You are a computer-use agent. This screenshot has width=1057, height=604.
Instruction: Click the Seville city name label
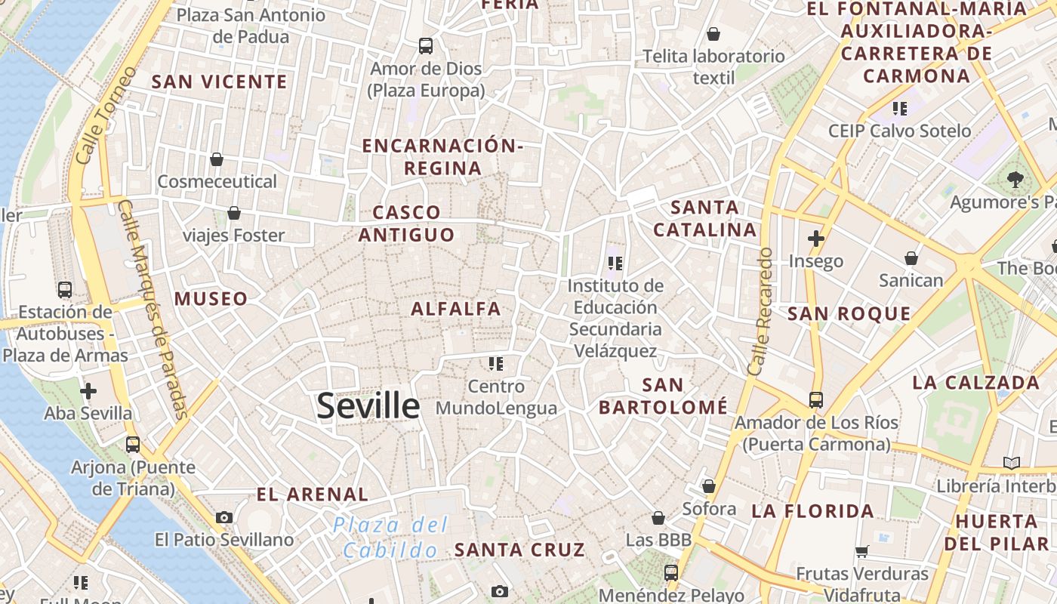(x=368, y=406)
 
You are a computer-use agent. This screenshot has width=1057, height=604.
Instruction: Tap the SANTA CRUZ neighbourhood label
(x=519, y=550)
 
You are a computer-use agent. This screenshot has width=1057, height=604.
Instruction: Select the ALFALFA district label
(x=456, y=309)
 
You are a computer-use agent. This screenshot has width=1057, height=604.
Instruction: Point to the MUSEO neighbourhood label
(x=211, y=299)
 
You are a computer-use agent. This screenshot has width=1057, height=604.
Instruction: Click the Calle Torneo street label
(x=106, y=116)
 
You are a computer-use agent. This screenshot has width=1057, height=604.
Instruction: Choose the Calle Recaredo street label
(x=760, y=311)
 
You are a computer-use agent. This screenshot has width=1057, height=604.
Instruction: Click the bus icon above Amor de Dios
(x=426, y=46)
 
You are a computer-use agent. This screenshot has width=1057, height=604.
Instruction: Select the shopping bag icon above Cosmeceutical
(x=217, y=159)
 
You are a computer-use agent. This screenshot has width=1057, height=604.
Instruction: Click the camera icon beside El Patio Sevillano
(x=224, y=517)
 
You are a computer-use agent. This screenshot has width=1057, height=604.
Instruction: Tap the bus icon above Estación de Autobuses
(x=65, y=289)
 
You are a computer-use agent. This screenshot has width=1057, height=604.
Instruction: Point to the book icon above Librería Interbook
(x=1011, y=463)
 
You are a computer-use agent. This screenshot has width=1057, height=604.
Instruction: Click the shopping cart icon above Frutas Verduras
(x=862, y=552)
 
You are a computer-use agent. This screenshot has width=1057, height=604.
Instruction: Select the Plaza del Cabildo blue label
(x=391, y=538)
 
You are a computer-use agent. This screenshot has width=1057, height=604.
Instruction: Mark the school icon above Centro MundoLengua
(x=495, y=365)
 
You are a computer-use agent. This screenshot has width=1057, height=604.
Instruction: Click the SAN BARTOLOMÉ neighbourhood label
(x=664, y=396)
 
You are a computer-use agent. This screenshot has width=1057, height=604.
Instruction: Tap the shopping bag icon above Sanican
(x=911, y=258)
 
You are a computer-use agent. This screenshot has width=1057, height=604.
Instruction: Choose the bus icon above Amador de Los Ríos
(x=816, y=399)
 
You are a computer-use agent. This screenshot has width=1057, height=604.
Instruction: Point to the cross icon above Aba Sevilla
(x=88, y=391)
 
